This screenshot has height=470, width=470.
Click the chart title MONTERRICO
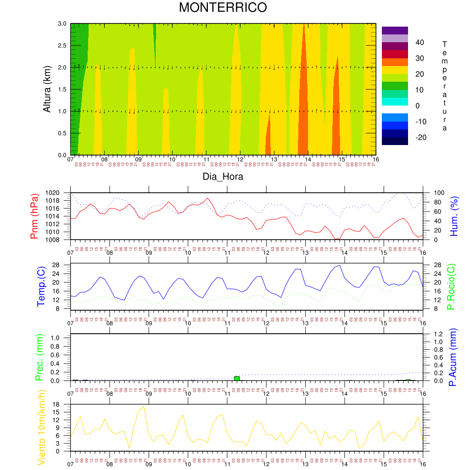(x=223, y=8)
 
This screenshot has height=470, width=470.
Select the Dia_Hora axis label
(x=223, y=176)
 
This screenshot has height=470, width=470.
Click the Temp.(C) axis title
(x=41, y=286)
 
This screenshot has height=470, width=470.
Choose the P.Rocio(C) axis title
(x=452, y=286)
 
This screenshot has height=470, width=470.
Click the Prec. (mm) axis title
(x=39, y=358)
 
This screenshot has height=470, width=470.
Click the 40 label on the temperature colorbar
(x=420, y=43)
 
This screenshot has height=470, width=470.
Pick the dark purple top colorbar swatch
(x=395, y=30)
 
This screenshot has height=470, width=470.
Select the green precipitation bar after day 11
(x=237, y=378)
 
